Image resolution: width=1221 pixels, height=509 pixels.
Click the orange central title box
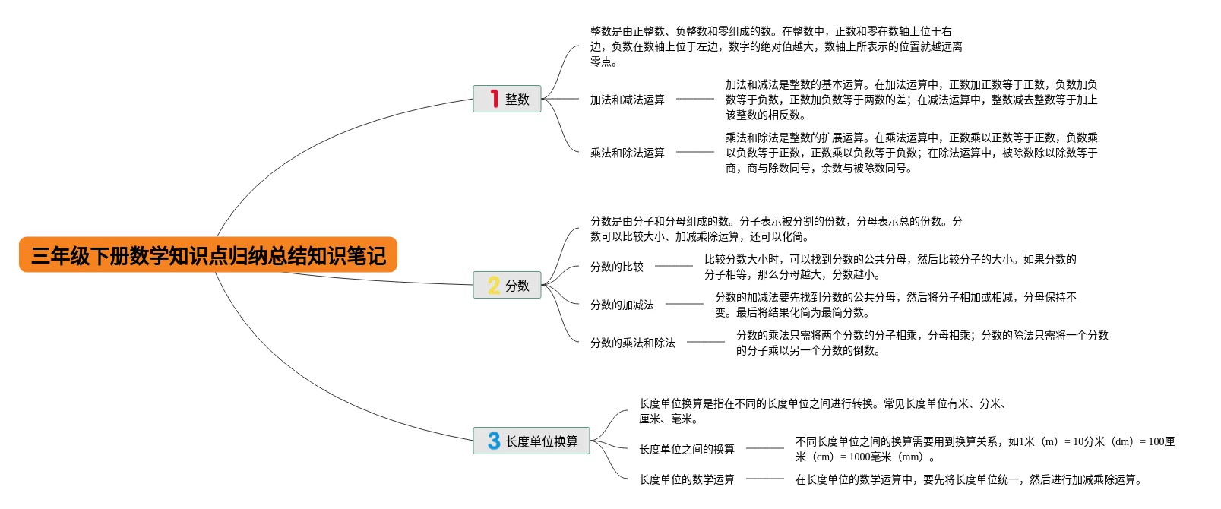pyautogui.click(x=208, y=255)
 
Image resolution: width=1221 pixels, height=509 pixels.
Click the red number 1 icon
pyautogui.click(x=494, y=99)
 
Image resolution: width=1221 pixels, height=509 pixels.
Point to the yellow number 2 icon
pyautogui.click(x=494, y=286)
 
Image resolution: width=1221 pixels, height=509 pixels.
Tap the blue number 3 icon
pyautogui.click(x=494, y=441)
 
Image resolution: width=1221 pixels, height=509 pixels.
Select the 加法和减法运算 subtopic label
pyautogui.click(x=627, y=100)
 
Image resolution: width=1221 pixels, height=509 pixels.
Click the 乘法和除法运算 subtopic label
pyautogui.click(x=627, y=153)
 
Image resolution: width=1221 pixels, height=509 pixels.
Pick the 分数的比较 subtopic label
pyautogui.click(x=616, y=267)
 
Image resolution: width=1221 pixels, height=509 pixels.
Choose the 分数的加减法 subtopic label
pyautogui.click(x=622, y=305)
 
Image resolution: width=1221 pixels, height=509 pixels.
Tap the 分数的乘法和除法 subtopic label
pyautogui.click(x=632, y=343)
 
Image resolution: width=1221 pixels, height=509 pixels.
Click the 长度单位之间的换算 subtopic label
pyautogui.click(x=686, y=449)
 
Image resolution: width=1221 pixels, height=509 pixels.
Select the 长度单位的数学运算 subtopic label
pyautogui.click(x=686, y=479)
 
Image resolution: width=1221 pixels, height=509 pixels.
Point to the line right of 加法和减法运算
pyautogui.click(x=694, y=99)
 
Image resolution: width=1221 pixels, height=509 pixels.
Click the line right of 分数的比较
pyautogui.click(x=673, y=266)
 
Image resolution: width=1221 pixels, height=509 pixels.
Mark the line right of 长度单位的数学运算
pyautogui.click(x=764, y=479)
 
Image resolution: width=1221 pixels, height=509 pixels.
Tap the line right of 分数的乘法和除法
pyautogui.click(x=705, y=342)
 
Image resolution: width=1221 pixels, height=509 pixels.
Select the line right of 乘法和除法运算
pyautogui.click(x=694, y=152)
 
